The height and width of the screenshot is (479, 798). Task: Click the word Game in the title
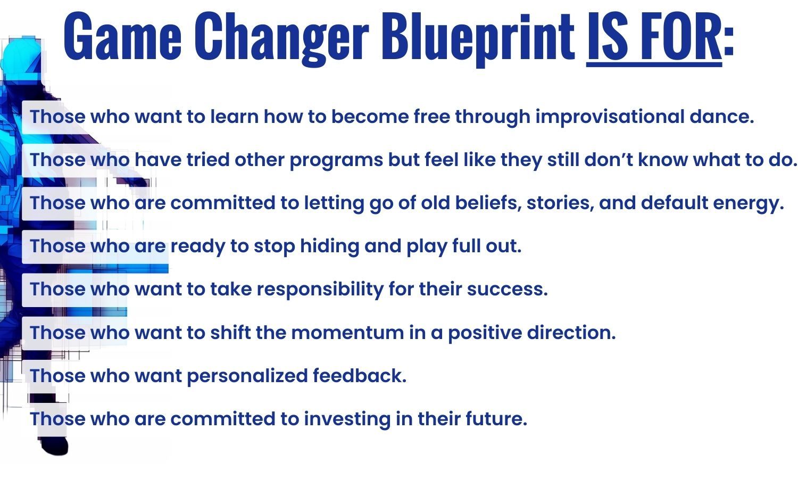click(123, 36)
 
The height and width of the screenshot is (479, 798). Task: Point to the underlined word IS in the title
click(607, 36)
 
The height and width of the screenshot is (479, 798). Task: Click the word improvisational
click(610, 117)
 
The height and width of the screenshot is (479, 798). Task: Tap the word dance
click(722, 117)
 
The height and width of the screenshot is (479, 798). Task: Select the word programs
click(336, 160)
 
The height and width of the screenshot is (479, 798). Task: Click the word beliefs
click(488, 203)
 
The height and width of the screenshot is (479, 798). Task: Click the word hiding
click(329, 246)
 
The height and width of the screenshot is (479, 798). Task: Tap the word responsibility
click(320, 290)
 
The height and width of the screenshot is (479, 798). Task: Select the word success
click(508, 290)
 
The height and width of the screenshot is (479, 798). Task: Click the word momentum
click(348, 333)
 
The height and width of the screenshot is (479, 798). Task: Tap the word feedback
click(360, 375)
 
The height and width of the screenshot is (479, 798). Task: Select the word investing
click(347, 419)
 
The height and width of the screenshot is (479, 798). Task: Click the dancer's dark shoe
click(54, 446)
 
